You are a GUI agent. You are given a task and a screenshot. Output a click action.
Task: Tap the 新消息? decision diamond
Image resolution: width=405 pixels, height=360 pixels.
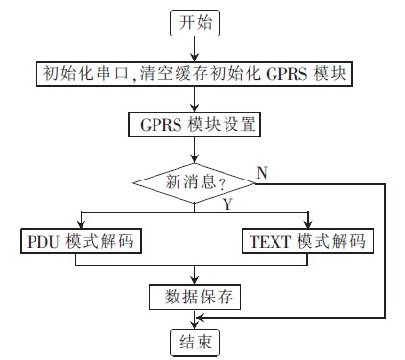pos(197,181)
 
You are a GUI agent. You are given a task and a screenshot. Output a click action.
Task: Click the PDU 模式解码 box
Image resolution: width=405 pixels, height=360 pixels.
pos(80,242)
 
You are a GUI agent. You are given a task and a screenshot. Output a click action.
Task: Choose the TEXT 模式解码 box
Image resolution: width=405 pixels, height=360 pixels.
pos(306,242)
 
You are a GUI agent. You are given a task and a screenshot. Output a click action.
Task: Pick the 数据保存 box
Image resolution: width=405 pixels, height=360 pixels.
pos(195,298)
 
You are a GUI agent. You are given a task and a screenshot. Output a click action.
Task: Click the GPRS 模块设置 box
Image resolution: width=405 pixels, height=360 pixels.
pos(196,126)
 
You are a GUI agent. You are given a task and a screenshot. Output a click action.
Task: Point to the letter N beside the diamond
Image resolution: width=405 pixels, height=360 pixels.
pos(261,171)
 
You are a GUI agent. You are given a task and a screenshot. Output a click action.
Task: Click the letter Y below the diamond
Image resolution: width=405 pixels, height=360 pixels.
pos(227,204)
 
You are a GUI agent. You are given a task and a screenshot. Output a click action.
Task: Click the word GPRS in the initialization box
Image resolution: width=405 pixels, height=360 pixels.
pos(288,73)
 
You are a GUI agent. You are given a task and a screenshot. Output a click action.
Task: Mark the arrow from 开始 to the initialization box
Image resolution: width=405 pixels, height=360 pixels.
pos(197,49)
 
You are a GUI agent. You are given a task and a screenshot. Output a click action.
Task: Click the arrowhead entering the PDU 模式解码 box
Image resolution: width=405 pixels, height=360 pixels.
pos(83,225)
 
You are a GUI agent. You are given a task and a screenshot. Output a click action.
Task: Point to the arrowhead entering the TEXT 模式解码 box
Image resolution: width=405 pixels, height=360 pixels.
pos(308,225)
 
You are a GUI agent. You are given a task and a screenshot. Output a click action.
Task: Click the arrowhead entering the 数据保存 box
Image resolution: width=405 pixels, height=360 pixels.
pos(196,280)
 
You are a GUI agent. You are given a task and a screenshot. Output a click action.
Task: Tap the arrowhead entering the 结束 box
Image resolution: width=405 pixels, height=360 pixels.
pos(196,324)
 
